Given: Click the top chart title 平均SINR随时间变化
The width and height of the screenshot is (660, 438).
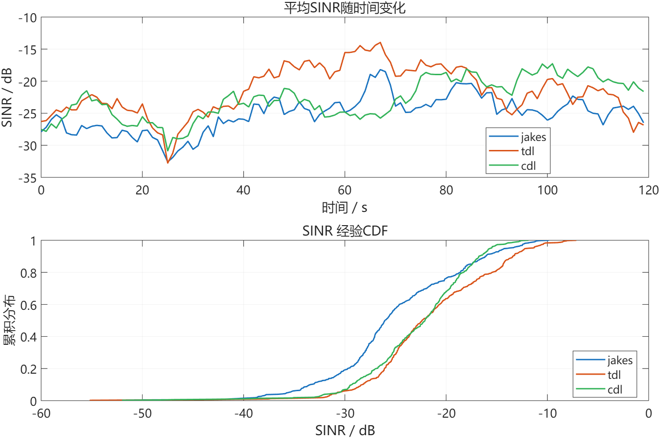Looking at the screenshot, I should pyautogui.click(x=345, y=8).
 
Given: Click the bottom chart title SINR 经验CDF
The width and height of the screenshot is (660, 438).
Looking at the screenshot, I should pyautogui.click(x=345, y=231).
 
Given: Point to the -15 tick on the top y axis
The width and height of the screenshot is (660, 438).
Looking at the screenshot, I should pyautogui.click(x=27, y=50).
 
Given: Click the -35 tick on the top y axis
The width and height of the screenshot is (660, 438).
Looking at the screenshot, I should pyautogui.click(x=27, y=178).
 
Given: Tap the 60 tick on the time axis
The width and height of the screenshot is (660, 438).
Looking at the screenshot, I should pyautogui.click(x=345, y=190).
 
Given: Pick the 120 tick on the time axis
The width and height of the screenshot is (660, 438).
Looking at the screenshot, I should pyautogui.click(x=648, y=190).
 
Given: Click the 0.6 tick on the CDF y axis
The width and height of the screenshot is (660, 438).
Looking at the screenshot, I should pyautogui.click(x=28, y=305).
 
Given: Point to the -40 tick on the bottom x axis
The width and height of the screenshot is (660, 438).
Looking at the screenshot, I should pyautogui.click(x=243, y=413).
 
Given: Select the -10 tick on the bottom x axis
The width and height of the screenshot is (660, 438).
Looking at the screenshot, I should pyautogui.click(x=547, y=413).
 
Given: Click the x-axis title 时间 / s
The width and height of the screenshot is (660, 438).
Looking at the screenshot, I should pyautogui.click(x=345, y=208).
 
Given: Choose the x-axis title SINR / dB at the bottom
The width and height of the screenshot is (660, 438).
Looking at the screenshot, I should pyautogui.click(x=345, y=430).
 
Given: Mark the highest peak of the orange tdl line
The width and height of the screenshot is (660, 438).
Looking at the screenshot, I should pyautogui.click(x=380, y=43).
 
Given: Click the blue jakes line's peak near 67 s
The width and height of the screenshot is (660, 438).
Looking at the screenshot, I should pyautogui.click(x=380, y=70).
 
